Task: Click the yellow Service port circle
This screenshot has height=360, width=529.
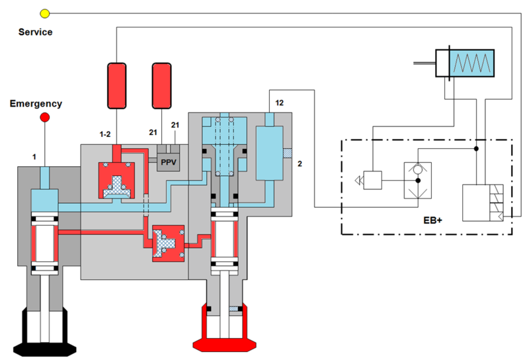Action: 45,13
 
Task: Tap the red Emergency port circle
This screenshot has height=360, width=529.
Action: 45,117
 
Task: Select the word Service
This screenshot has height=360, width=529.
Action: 36,32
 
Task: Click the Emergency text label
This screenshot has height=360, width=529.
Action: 36,104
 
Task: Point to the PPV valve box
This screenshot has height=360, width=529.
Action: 169,162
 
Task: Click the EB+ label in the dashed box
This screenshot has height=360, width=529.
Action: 432,220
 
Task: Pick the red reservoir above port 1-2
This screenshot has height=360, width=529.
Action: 117,86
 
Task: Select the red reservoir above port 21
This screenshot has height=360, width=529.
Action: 161,86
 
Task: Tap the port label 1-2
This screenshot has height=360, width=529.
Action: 105,134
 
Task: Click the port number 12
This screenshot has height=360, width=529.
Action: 279,103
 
